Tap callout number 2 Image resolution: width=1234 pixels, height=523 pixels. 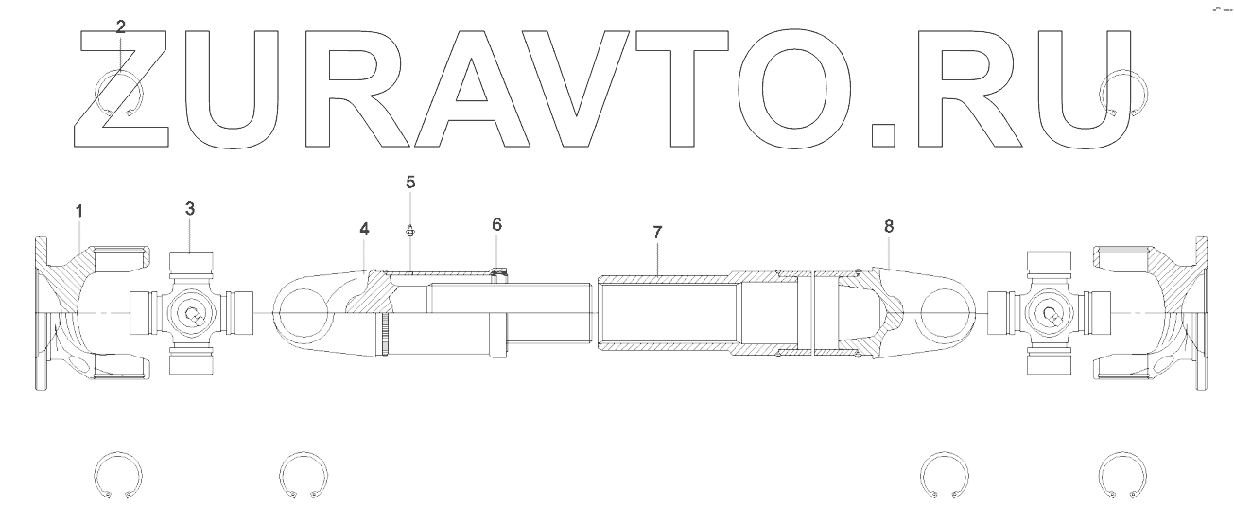[120, 26]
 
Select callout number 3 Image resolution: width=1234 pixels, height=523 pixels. [190, 208]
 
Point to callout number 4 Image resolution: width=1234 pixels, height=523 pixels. [363, 229]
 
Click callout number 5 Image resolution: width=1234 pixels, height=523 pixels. [410, 182]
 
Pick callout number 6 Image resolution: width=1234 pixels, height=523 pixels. [496, 224]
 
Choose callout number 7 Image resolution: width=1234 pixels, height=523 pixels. [658, 232]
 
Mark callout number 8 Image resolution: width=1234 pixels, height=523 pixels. [888, 226]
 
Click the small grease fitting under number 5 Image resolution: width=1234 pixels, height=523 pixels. [410, 231]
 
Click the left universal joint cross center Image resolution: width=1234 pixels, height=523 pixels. [192, 313]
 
